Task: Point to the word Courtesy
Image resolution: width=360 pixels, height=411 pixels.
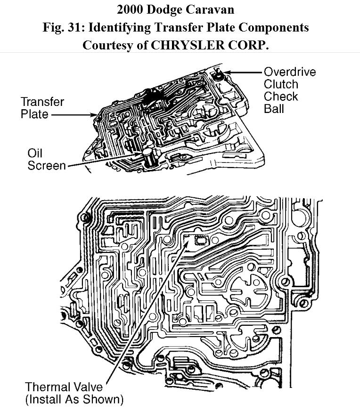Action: point(109,45)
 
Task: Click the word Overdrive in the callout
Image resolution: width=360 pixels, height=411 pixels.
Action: point(289,72)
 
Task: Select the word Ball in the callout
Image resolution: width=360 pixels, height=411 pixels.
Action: point(274,109)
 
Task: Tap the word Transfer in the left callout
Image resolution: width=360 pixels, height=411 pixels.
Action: point(42,102)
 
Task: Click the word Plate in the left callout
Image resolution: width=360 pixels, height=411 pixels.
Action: point(34,114)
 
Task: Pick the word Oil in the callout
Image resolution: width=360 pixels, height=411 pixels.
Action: point(35,153)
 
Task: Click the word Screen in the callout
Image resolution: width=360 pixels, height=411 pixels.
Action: point(47,166)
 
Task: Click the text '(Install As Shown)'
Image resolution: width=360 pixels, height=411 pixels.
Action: point(74,400)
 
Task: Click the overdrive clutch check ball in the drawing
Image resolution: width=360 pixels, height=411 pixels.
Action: point(218,74)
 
